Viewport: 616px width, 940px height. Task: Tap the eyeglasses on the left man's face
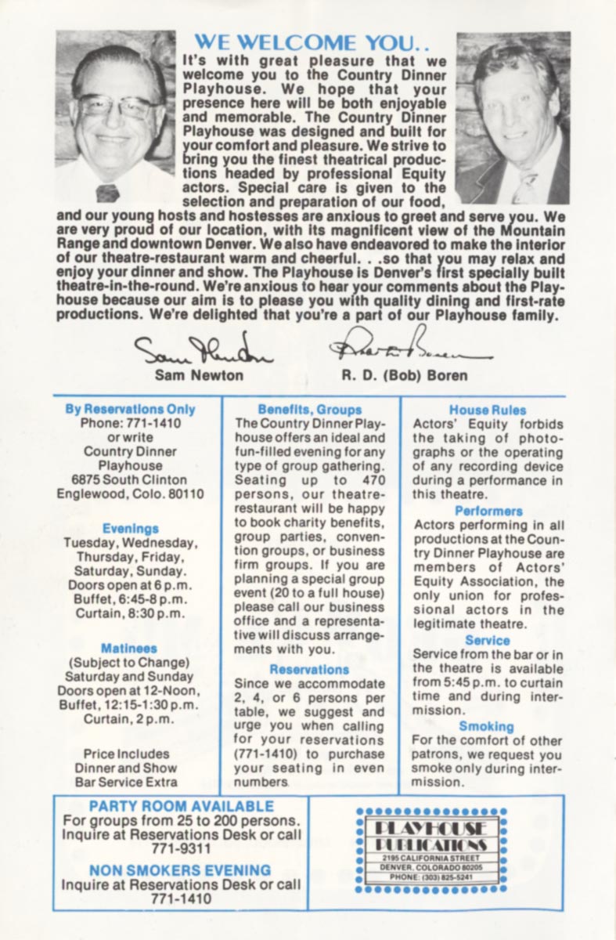[x=115, y=106]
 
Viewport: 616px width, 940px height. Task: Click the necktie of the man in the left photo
[x=107, y=192]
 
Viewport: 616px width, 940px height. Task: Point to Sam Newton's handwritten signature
[x=203, y=350]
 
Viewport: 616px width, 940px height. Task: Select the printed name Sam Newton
[x=199, y=375]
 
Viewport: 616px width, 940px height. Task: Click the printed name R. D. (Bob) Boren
[x=404, y=375]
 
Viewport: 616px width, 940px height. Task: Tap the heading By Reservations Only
[x=130, y=409]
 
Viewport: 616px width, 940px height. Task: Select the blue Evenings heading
[x=130, y=529]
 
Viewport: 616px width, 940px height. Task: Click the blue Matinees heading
[x=129, y=649]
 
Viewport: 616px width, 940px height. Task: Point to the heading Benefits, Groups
[x=310, y=410]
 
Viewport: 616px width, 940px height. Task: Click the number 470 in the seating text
[x=370, y=480]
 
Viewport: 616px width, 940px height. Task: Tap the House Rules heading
[x=488, y=410]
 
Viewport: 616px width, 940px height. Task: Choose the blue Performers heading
[x=488, y=511]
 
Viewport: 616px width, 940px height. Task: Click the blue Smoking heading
[x=486, y=726]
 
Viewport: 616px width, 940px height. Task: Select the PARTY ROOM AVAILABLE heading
[x=182, y=806]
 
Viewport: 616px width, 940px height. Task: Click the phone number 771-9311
[x=181, y=848]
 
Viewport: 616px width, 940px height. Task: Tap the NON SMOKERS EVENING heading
[x=180, y=870]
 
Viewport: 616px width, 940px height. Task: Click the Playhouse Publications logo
[x=431, y=851]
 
